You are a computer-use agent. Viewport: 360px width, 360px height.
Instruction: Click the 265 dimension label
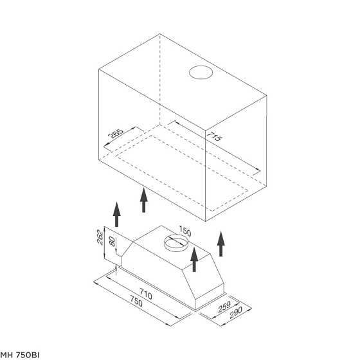[116, 134]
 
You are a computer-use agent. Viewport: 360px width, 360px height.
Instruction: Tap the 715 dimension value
[215, 136]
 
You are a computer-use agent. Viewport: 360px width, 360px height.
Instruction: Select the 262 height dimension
[100, 237]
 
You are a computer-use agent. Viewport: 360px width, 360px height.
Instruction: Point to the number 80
[113, 242]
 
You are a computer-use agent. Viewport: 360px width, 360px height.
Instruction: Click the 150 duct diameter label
[185, 231]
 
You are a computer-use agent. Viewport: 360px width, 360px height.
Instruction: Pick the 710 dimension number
[146, 294]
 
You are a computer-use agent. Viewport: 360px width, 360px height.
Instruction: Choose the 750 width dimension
[136, 301]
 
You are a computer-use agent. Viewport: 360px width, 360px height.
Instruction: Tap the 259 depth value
[224, 307]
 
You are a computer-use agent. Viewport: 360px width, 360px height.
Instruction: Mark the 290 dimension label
[236, 312]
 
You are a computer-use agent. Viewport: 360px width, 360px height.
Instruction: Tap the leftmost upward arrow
[116, 215]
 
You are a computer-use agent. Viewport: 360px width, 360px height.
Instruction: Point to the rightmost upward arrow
[221, 244]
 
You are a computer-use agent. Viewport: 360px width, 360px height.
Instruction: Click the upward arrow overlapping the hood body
[194, 260]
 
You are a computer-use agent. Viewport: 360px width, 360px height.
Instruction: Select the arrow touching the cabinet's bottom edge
[144, 200]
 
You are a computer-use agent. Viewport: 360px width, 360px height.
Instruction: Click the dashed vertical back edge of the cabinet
[160, 79]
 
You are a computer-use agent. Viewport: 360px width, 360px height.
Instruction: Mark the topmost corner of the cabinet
[160, 34]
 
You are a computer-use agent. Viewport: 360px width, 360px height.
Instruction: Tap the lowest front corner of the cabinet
[206, 221]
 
